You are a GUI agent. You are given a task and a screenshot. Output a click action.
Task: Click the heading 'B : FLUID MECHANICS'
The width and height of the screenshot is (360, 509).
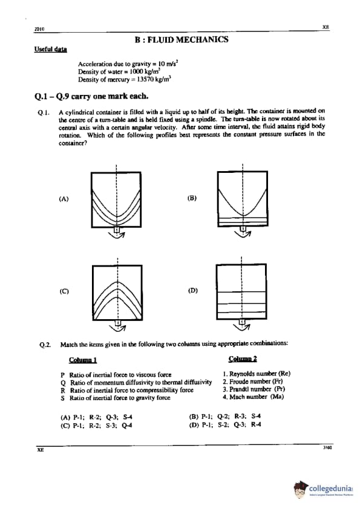pos(182,40)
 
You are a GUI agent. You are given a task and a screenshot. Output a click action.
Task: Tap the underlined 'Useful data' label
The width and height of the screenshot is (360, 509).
pos(50,50)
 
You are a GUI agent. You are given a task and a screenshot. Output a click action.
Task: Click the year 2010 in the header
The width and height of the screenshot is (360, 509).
pos(39,29)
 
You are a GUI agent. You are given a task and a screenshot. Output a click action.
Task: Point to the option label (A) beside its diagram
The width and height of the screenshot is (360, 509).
pos(64,199)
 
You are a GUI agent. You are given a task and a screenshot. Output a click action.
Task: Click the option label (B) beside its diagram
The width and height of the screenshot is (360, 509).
pos(192,198)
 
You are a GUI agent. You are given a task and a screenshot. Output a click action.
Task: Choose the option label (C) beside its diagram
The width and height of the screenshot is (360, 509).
pos(64,291)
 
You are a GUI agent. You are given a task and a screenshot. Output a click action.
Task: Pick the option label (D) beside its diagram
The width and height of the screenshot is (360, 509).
pos(192,291)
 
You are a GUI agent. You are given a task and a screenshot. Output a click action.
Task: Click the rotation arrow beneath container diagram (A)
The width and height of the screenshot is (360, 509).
pos(117,235)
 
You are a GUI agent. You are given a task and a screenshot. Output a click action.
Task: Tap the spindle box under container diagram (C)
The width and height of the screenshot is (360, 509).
pos(118,322)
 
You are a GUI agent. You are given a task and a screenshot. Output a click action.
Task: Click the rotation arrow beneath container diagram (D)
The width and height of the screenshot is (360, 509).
pos(242,328)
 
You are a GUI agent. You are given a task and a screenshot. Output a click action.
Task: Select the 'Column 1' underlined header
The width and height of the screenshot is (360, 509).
pos(83,360)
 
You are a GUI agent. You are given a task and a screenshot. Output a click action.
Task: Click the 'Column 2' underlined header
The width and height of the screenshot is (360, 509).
pos(243,358)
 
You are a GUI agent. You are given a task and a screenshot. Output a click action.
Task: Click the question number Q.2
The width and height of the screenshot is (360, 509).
pos(45,345)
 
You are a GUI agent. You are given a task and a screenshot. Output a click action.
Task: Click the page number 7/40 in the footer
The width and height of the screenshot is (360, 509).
pos(327,448)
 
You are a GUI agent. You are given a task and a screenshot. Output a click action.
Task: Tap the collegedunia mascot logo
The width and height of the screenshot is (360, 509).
pos(301,489)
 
